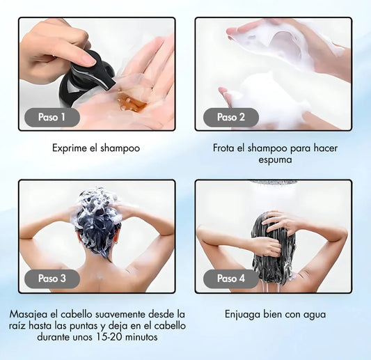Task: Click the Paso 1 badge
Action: coord(52,117)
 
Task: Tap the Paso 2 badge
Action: coord(231,117)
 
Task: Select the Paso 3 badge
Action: coord(52,279)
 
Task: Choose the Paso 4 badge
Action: coord(231,279)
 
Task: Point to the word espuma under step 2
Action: coord(275,159)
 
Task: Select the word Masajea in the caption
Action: coord(29,315)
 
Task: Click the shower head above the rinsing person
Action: coord(274,182)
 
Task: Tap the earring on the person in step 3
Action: coord(116,242)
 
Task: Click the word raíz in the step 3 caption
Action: coord(17,326)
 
